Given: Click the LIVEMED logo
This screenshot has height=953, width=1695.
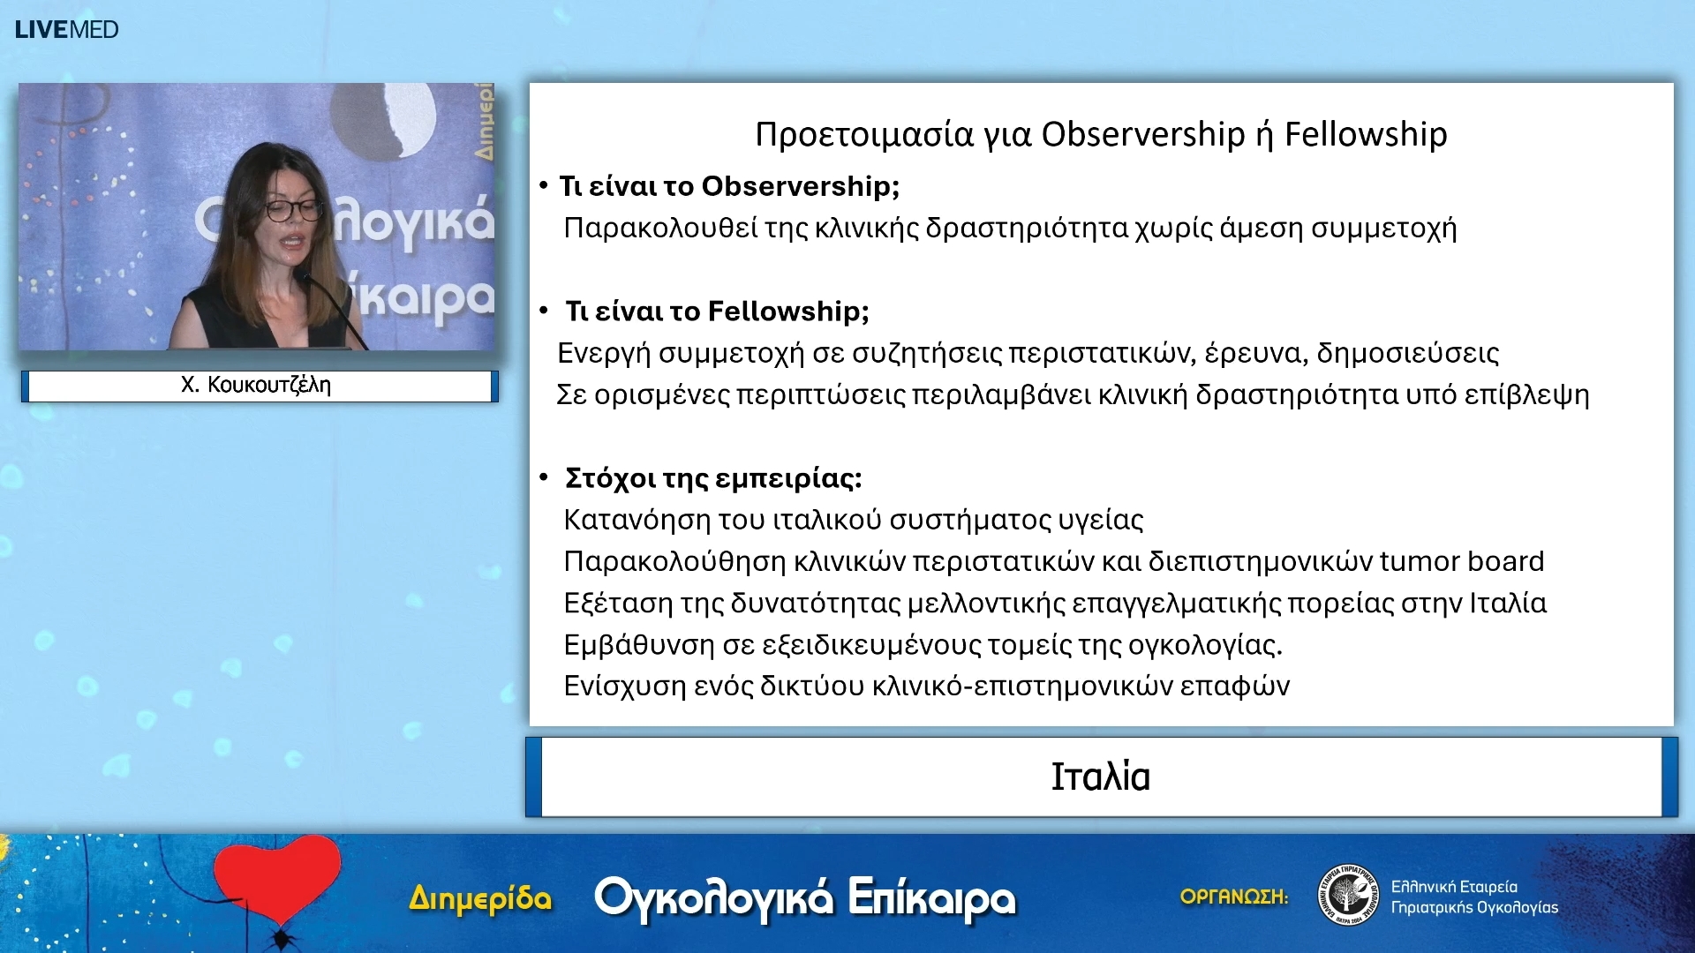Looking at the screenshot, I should coord(66,29).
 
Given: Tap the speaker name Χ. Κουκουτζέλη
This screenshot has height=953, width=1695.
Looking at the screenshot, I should coord(256,385).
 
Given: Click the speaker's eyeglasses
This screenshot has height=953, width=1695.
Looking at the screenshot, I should coord(293,210).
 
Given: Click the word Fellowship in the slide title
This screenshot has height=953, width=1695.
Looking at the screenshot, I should coord(1365,134).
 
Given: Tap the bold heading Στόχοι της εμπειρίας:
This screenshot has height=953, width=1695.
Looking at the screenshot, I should coord(713,478).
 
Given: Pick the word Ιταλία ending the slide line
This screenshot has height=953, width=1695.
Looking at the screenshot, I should coord(1508,603).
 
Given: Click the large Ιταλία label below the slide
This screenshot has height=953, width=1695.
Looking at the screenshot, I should coord(1100,777).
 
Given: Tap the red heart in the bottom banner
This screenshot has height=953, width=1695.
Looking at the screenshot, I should coord(277,874).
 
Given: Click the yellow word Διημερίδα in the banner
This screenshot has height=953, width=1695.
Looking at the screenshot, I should coord(480,898).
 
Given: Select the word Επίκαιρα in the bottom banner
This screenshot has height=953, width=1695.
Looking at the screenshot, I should coord(931,897).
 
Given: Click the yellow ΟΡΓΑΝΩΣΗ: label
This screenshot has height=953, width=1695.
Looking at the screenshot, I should coord(1233,897).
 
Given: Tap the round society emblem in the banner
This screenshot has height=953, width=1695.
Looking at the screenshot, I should coord(1347,895).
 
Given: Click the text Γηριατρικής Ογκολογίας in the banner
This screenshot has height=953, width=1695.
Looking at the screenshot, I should coord(1474,907).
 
